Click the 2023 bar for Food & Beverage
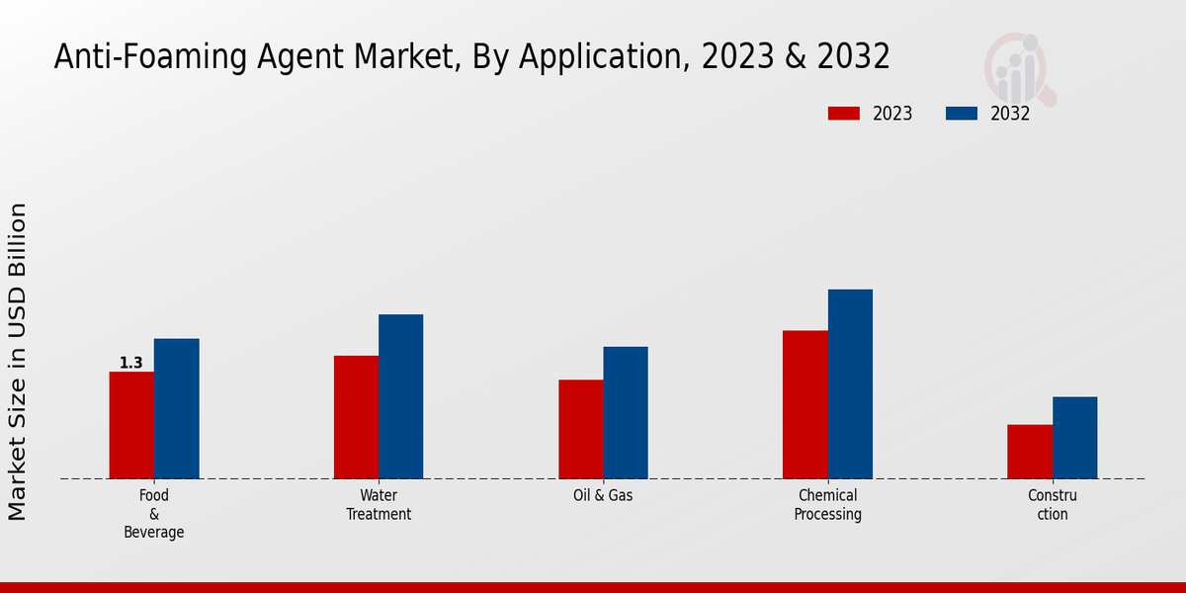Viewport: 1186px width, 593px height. tap(131, 425)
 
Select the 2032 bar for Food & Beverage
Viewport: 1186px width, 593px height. tap(176, 408)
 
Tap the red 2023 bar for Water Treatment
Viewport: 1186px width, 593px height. tap(356, 417)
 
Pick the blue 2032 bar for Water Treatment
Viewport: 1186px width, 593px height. tap(400, 396)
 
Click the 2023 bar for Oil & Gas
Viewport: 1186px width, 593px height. tap(580, 429)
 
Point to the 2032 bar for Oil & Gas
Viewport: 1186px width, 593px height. tap(626, 412)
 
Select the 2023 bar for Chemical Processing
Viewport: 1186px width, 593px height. tap(805, 404)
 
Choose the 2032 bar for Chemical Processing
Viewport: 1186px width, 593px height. tap(850, 383)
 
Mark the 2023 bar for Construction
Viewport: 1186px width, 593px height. tap(1030, 452)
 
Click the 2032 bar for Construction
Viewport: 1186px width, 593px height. tap(1074, 438)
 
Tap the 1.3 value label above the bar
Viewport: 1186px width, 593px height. tap(131, 363)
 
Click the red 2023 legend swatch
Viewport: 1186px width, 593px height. tap(844, 114)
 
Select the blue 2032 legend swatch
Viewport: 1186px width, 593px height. tap(962, 114)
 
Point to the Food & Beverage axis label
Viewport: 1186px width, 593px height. tap(154, 514)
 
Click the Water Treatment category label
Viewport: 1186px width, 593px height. tap(379, 505)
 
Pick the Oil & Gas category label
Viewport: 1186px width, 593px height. tap(603, 495)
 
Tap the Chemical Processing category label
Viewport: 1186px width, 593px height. tap(828, 505)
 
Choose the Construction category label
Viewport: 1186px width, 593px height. tap(1053, 505)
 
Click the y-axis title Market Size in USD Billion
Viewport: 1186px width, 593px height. tap(18, 362)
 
